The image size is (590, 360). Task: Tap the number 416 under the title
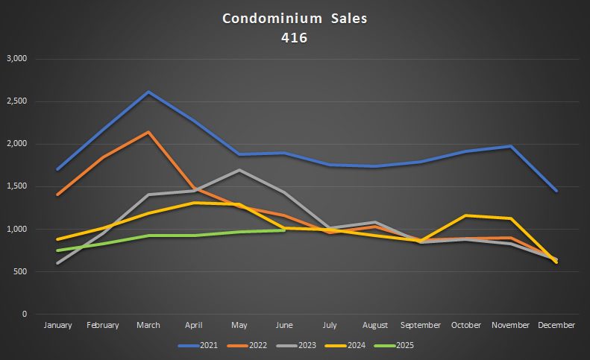point(295,38)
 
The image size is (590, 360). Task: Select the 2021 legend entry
point(204,345)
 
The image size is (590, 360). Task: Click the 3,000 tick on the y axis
point(16,59)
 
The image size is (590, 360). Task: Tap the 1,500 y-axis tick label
point(16,186)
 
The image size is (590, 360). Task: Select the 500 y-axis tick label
point(19,271)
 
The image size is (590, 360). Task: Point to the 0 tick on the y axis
point(25,314)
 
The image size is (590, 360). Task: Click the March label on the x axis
point(148,325)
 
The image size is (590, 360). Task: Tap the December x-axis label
point(556,325)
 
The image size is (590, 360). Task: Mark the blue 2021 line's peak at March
point(148,92)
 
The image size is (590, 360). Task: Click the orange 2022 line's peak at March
point(148,133)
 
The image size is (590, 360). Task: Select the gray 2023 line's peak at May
point(239,170)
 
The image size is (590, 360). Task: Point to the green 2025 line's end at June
point(284,230)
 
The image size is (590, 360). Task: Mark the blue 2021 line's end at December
point(556,191)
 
